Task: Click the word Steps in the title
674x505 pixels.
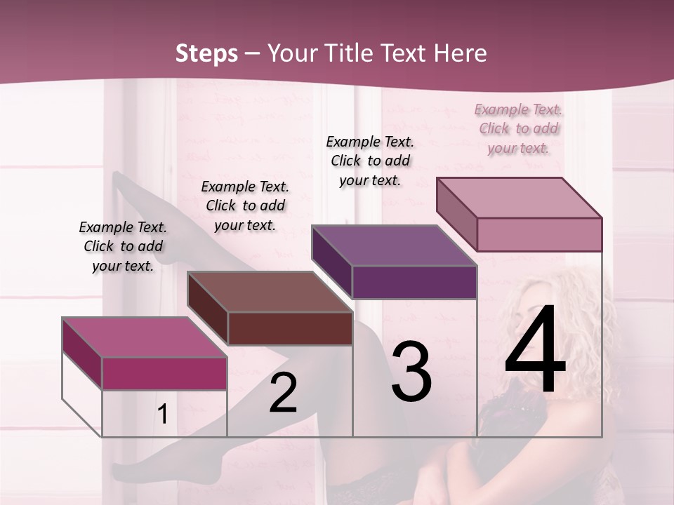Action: (206, 53)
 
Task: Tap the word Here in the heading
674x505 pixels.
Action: (459, 53)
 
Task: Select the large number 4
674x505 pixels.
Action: (535, 351)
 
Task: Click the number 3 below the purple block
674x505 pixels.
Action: (411, 371)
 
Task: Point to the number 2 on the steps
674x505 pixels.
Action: (283, 393)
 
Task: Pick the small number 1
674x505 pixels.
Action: (163, 414)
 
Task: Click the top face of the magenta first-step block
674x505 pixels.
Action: (144, 337)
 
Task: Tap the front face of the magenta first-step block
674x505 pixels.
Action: (164, 373)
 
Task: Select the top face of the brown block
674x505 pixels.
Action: (270, 292)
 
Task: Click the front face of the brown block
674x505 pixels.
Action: (290, 328)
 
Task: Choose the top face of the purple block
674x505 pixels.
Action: (394, 245)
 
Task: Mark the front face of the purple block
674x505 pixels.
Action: (414, 282)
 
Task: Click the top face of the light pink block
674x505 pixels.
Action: (519, 198)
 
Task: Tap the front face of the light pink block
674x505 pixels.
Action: (539, 234)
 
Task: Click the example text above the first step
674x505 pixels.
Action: (123, 246)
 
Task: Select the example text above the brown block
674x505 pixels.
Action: (245, 206)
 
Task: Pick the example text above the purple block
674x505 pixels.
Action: (370, 161)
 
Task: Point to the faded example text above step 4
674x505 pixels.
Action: (518, 128)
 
